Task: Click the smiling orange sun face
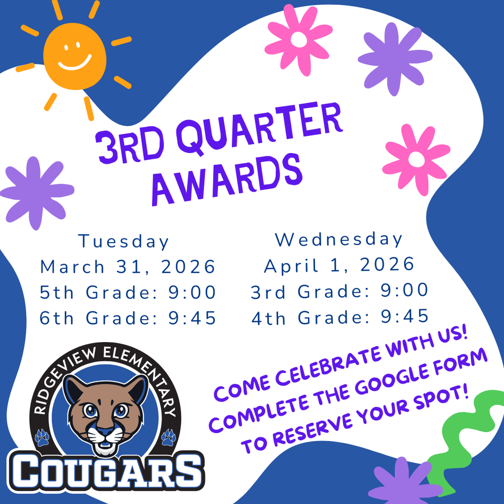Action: pyautogui.click(x=75, y=55)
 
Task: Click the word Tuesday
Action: pyautogui.click(x=124, y=242)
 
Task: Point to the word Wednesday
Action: pyautogui.click(x=339, y=239)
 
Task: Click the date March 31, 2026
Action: pyautogui.click(x=128, y=267)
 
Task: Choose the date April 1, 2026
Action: pyautogui.click(x=340, y=265)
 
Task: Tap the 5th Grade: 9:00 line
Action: pyautogui.click(x=128, y=292)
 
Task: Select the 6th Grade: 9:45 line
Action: pyautogui.click(x=128, y=318)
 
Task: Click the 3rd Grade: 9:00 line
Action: pyautogui.click(x=340, y=291)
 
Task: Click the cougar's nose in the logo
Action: pyautogui.click(x=104, y=430)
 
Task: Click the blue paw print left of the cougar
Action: pyautogui.click(x=42, y=437)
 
